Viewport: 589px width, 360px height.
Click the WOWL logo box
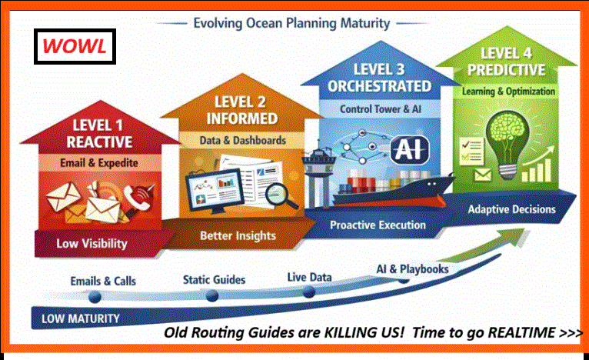[75, 46]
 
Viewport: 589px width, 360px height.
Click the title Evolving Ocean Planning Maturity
[292, 23]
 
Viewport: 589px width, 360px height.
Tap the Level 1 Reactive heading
[102, 132]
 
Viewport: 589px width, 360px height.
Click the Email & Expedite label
[102, 162]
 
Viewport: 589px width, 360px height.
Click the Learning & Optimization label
[508, 91]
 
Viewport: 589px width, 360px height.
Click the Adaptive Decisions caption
[511, 208]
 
